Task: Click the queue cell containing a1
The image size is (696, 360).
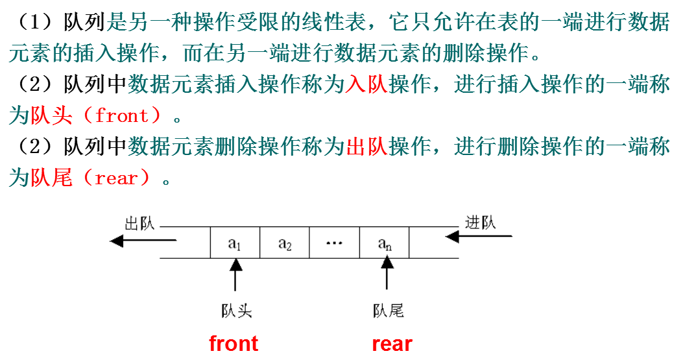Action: tap(235, 243)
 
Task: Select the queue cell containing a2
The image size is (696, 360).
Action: tap(285, 243)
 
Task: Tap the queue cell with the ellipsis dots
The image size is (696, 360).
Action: tap(334, 243)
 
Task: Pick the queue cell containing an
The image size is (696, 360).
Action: tap(385, 243)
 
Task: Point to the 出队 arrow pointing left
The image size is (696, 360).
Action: tap(143, 241)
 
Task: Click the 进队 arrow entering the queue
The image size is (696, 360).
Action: tap(479, 237)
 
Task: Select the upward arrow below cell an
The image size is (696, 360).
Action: tap(387, 273)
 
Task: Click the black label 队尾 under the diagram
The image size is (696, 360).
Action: tap(389, 311)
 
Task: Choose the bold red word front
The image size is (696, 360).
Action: tap(234, 343)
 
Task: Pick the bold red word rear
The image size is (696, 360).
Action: tap(392, 343)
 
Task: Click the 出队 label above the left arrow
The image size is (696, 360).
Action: tap(139, 224)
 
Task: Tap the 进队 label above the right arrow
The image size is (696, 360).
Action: tap(480, 222)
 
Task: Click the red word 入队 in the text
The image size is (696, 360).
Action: tap(366, 84)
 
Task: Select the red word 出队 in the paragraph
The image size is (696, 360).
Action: tap(366, 147)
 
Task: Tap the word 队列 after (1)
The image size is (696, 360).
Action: tap(84, 23)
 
